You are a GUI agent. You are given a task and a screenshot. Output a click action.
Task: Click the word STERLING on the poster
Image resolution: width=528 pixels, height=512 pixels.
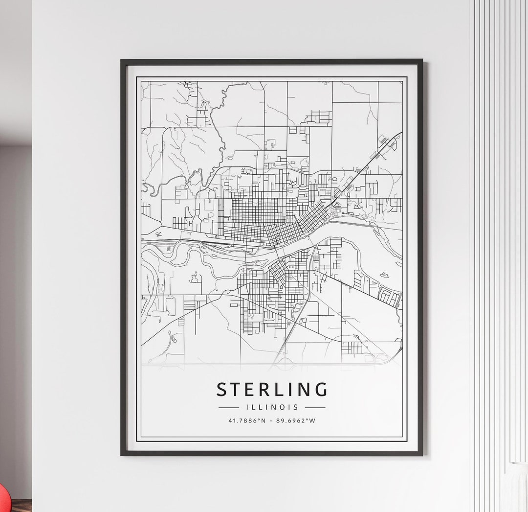[x=272, y=390]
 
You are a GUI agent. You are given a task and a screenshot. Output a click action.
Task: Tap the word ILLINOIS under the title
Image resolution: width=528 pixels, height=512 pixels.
[x=272, y=407]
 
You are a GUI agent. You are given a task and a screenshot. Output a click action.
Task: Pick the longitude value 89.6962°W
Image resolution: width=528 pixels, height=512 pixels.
[x=296, y=420]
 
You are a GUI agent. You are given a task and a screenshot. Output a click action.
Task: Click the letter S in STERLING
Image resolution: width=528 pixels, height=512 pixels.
[x=222, y=390]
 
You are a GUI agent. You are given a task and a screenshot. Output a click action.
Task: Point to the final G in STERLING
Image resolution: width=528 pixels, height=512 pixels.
[x=321, y=390]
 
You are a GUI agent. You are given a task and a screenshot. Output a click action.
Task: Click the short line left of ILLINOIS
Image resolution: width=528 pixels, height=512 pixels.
[x=229, y=407]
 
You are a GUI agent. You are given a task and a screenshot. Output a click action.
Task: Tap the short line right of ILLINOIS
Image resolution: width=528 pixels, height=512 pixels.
[x=315, y=407]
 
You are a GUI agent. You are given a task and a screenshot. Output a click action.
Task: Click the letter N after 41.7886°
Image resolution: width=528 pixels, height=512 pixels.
[x=264, y=420]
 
